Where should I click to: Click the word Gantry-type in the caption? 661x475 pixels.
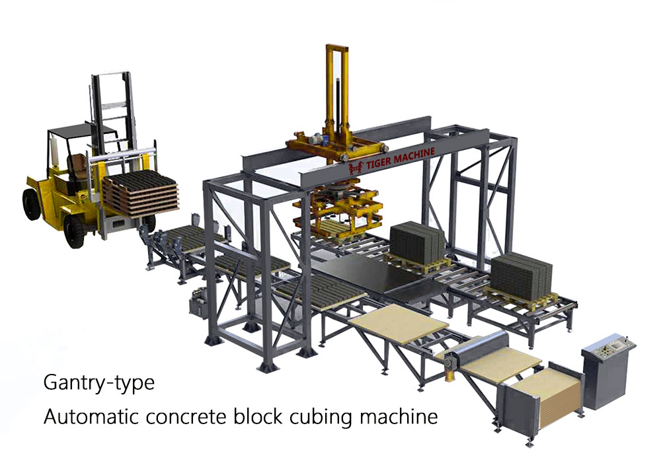click(x=99, y=383)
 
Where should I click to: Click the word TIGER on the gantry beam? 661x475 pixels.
click(x=379, y=163)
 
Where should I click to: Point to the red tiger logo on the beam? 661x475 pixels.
click(x=356, y=168)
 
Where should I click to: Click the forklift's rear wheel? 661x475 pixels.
click(x=31, y=204)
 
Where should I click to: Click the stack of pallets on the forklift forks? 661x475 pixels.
click(x=140, y=194)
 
